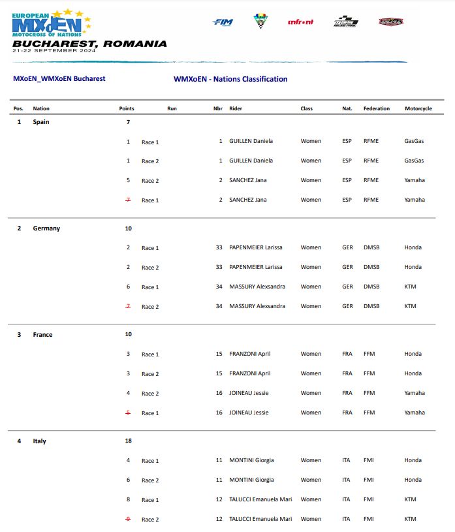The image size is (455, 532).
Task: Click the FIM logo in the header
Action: tap(223, 22)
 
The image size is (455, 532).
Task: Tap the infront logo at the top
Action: tap(300, 22)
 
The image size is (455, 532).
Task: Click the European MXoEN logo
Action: tap(51, 23)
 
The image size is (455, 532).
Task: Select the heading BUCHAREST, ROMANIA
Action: tap(89, 44)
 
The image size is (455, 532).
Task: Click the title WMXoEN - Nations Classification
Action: tap(230, 79)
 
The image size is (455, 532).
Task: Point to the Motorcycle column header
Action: tap(418, 108)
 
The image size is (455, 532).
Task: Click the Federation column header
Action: tap(377, 108)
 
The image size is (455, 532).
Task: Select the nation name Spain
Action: tap(41, 121)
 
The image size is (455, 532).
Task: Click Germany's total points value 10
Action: tap(128, 228)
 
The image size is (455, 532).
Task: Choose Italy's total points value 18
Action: tap(128, 441)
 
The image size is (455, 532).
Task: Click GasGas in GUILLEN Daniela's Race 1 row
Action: tap(414, 141)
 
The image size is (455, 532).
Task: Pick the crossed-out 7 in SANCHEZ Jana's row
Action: tap(128, 200)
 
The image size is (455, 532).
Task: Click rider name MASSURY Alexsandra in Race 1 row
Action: tap(257, 287)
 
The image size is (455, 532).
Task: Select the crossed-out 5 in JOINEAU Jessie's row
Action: tap(128, 413)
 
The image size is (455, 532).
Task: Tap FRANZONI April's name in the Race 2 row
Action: tap(249, 373)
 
